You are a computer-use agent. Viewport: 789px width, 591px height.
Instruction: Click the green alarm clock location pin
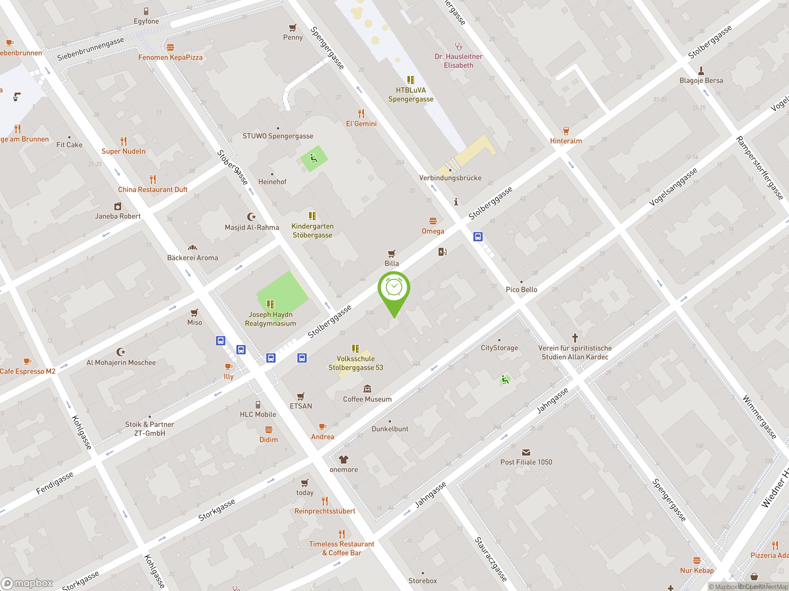(394, 288)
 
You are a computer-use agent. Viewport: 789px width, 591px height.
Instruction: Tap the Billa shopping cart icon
(391, 254)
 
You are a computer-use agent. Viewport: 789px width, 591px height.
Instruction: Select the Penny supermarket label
(293, 38)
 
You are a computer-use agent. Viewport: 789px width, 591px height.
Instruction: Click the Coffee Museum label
(367, 399)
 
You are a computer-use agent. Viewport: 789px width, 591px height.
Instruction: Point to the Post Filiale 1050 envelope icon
(526, 452)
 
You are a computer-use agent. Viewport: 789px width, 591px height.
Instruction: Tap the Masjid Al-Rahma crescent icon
(251, 217)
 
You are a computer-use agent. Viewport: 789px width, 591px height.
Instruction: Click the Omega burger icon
(433, 221)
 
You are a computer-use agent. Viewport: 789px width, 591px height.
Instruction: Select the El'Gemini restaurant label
(361, 124)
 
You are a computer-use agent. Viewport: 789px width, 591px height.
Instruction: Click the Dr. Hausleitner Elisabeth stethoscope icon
(458, 46)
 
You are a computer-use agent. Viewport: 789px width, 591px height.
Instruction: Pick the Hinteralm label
(566, 141)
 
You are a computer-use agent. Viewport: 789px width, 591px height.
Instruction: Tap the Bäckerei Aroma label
(192, 258)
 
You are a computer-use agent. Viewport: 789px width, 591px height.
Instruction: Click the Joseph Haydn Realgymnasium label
(270, 319)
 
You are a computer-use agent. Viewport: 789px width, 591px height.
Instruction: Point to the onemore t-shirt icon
(344, 459)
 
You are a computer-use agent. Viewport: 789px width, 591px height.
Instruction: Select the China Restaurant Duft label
(153, 190)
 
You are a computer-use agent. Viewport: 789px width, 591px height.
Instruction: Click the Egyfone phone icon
(146, 11)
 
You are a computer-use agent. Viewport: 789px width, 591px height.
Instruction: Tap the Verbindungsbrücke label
(450, 178)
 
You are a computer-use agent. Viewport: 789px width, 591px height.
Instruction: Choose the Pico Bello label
(521, 290)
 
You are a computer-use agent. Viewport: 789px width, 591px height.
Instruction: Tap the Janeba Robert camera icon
(118, 206)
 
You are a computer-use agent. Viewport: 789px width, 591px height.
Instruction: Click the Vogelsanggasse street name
(673, 187)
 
